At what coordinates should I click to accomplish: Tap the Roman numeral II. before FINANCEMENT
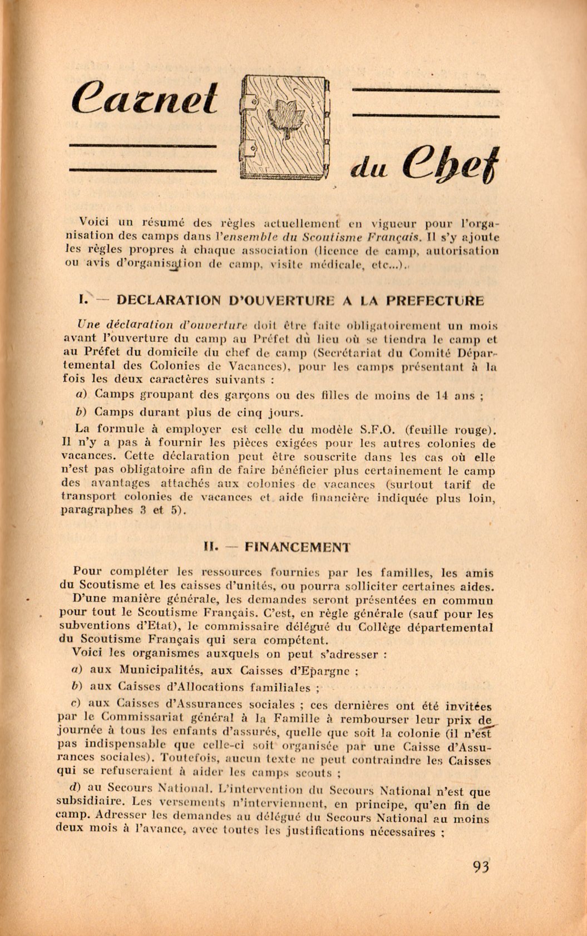point(214,547)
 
